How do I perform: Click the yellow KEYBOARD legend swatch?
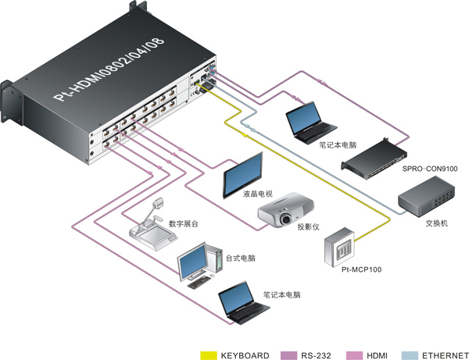coord(209,355)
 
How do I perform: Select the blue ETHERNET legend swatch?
coord(410,355)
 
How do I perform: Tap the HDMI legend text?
coord(377,355)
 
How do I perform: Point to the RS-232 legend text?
coord(316,355)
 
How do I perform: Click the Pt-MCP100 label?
coord(362,269)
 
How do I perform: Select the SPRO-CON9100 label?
coord(430,169)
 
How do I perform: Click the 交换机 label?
coord(436,223)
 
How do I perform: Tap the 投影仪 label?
coord(309,226)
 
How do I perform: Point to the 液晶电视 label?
coord(258,194)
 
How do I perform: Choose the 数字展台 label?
coord(184,224)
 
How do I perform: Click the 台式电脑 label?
coord(241,258)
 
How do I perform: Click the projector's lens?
coord(286,219)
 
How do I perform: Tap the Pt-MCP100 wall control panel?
coord(339,247)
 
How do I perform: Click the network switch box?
coord(426,196)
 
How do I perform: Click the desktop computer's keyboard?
coord(199,282)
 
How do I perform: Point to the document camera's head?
coord(158,203)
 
